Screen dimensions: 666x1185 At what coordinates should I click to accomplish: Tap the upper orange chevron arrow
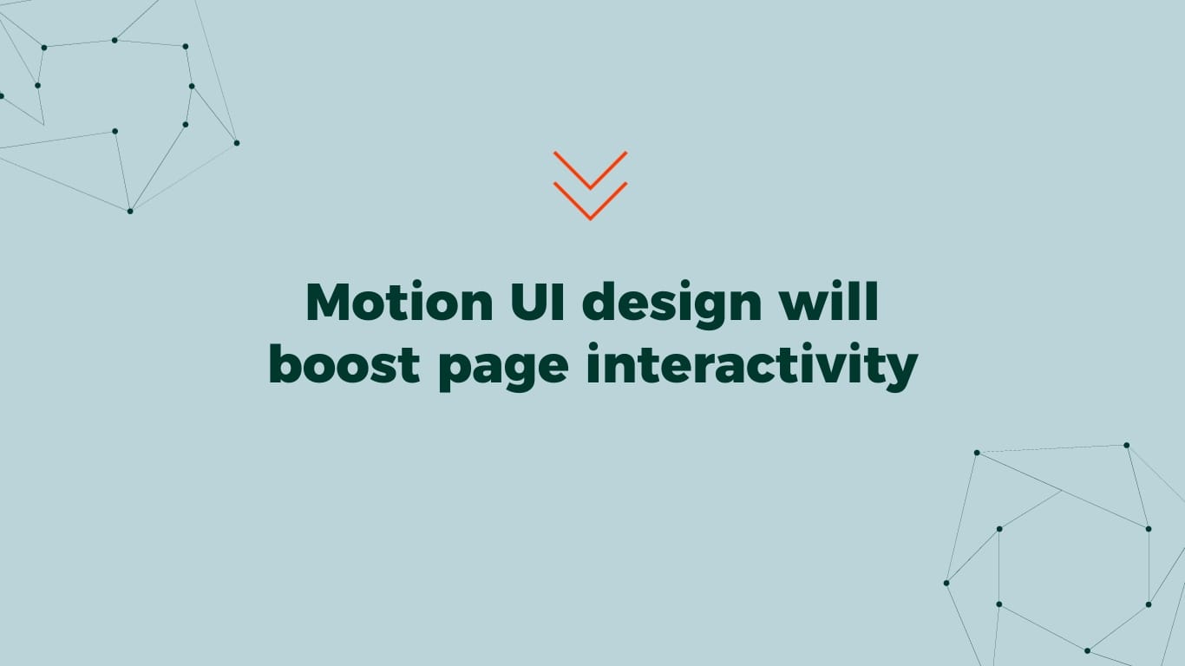click(x=590, y=170)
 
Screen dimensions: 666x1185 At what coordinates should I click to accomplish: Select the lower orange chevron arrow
click(x=590, y=201)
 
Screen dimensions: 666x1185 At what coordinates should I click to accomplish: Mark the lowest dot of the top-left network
click(x=130, y=211)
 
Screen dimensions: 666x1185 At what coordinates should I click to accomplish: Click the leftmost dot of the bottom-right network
click(x=946, y=583)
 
